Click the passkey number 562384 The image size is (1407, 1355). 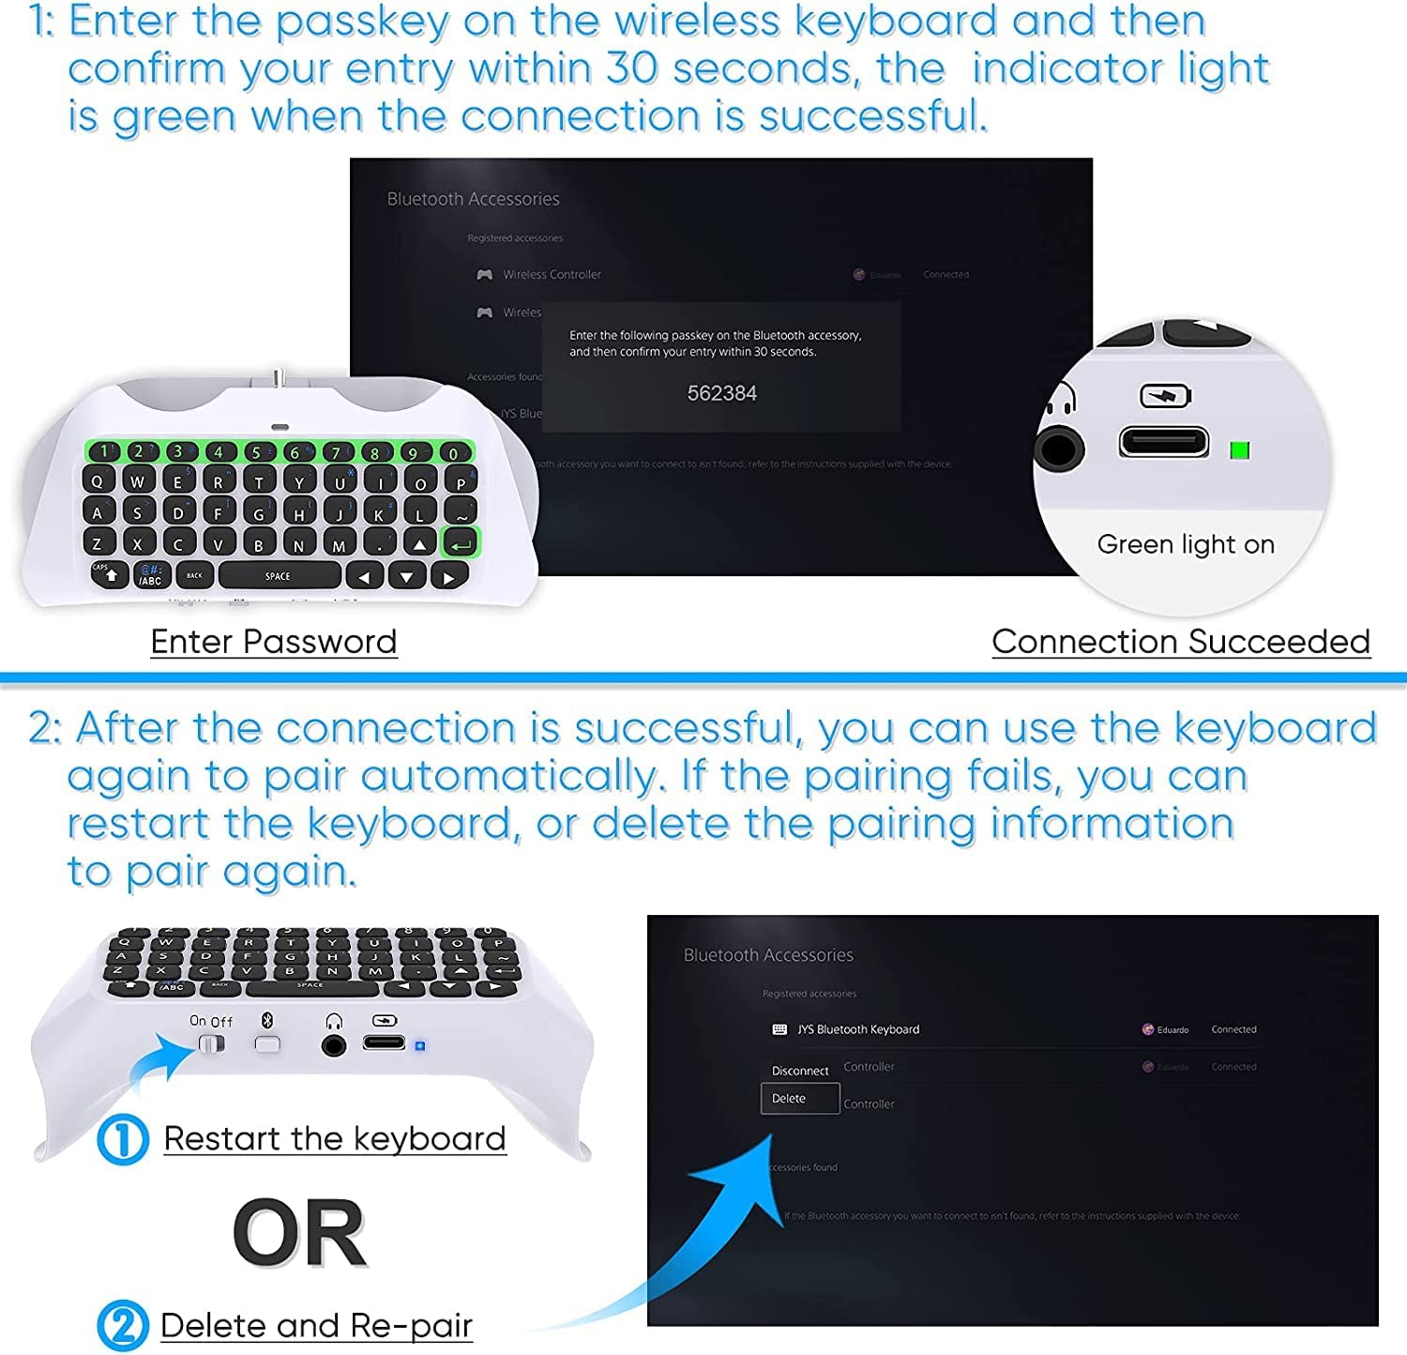tap(721, 393)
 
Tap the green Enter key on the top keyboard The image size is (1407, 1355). tap(461, 543)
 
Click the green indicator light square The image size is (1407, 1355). tap(1239, 450)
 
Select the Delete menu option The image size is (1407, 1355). tap(789, 1099)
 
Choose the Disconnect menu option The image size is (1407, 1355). tap(799, 1071)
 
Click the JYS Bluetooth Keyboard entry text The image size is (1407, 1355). tap(857, 1029)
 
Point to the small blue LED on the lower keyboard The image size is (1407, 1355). tap(420, 1045)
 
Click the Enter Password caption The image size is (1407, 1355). tap(273, 642)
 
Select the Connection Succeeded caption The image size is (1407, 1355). tap(1181, 642)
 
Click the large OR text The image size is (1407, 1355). tap(299, 1233)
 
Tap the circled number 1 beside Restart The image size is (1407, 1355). tap(123, 1140)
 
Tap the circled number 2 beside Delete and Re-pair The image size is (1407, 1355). tap(123, 1326)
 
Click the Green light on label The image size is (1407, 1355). tap(1185, 544)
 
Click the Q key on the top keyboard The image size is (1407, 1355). tap(98, 481)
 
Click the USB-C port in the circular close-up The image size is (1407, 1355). tap(1163, 441)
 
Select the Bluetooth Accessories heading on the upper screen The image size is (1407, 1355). tap(473, 199)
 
